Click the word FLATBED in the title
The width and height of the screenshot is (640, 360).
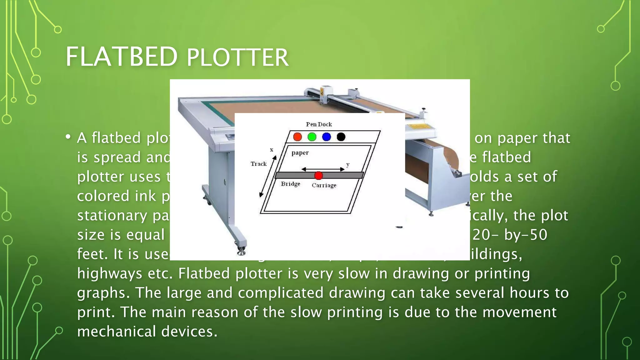click(121, 57)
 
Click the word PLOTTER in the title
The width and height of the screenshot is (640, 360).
click(237, 58)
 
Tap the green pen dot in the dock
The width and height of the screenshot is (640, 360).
click(312, 137)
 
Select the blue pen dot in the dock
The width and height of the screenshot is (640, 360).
click(326, 137)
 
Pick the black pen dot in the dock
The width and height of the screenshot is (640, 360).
click(341, 137)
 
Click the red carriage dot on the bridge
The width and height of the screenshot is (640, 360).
click(318, 176)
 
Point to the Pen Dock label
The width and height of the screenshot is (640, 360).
click(319, 124)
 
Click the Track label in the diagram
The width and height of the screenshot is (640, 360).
click(258, 164)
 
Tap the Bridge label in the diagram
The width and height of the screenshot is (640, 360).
click(290, 184)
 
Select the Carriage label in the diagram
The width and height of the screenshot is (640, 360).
click(324, 185)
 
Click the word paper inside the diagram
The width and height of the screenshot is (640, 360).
click(300, 153)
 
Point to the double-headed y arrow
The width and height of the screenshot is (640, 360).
click(323, 169)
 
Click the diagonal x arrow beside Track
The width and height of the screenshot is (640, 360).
click(268, 177)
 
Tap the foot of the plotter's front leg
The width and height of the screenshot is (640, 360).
click(241, 251)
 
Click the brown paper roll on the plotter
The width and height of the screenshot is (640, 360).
click(444, 156)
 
